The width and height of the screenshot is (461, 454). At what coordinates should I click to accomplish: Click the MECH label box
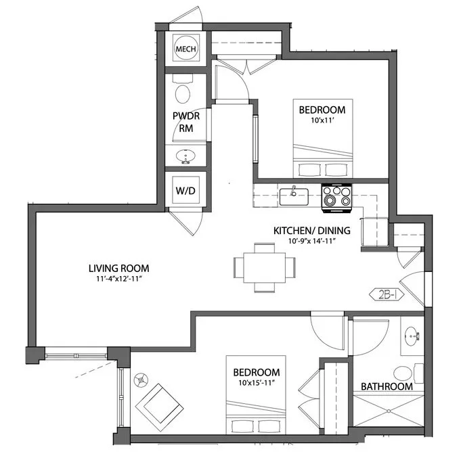tap(185, 49)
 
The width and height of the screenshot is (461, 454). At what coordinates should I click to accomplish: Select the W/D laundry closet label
tap(185, 191)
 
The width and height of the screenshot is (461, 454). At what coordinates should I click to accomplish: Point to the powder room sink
tap(185, 156)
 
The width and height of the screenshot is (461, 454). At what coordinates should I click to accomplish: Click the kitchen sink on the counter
tap(294, 196)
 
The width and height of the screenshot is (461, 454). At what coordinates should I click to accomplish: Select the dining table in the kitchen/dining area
tap(265, 267)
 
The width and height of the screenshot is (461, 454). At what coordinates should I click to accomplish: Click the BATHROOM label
tap(386, 386)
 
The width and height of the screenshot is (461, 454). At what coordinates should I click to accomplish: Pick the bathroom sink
tap(412, 336)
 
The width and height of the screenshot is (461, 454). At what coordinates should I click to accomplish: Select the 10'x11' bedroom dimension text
tap(322, 120)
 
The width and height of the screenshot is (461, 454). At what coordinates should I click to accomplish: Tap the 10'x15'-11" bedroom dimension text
tap(257, 384)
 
